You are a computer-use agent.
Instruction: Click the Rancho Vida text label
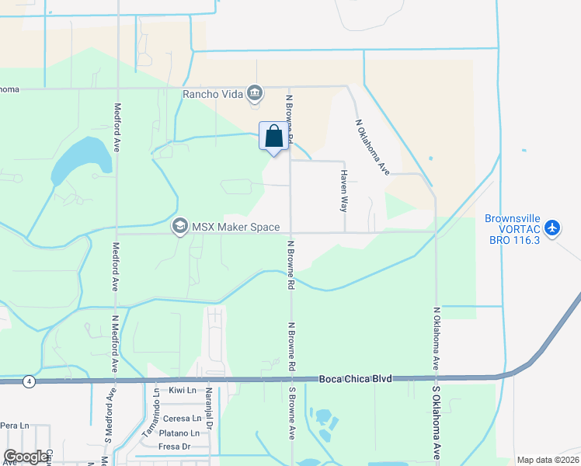pos(212,95)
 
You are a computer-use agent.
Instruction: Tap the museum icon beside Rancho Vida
pos(255,95)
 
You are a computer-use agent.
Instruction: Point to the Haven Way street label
pos(343,191)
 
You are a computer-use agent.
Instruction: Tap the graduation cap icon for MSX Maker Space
pos(180,226)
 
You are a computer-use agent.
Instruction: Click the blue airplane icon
pos(552,228)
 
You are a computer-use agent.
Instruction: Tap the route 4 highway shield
pos(29,381)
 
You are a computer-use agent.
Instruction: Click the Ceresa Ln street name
pos(182,419)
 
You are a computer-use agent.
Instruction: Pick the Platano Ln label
pos(181,433)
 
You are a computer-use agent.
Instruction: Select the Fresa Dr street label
pos(175,447)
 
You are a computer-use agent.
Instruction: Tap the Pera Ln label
pos(15,426)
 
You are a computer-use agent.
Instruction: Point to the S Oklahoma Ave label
pos(437,419)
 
